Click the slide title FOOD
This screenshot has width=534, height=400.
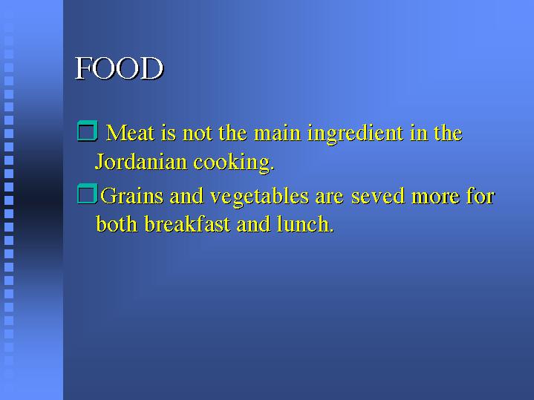coord(119,68)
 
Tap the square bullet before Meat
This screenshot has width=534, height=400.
coord(88,131)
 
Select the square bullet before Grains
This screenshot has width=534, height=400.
coord(88,194)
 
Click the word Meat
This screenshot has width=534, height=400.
coord(131,132)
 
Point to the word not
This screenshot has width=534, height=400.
coord(197,133)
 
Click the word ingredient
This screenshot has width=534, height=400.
coord(355,134)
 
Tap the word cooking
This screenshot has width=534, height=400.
coord(234,163)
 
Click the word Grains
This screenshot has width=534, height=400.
coord(131,196)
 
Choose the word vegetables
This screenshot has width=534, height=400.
coord(259,197)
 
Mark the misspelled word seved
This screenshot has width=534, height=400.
coord(378,196)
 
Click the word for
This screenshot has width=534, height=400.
coord(481,196)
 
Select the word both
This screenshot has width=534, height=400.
coord(117,223)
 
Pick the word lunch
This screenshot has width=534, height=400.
coord(305,223)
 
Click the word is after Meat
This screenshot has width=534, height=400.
coord(169,133)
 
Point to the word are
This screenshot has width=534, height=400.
coord(329,197)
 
